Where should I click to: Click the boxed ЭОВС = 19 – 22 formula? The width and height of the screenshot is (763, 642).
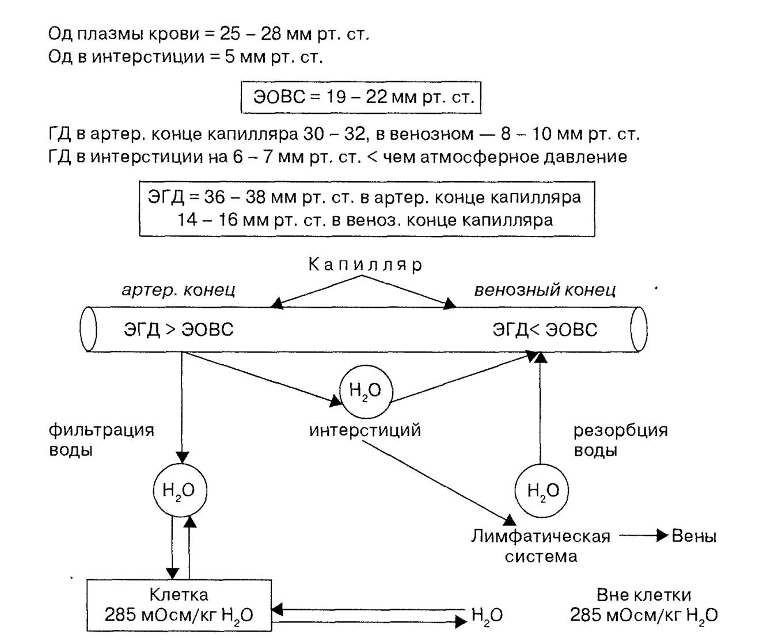360,97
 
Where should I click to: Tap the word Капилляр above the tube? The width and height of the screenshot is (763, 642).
365,264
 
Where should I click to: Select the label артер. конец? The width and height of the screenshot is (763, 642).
179,290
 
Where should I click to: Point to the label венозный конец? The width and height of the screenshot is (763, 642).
545,290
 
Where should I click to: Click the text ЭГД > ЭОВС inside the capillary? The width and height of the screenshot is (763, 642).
179,329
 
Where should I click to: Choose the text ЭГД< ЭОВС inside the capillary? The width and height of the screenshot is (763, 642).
545,329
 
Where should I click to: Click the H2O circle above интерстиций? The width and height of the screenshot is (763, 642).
366,391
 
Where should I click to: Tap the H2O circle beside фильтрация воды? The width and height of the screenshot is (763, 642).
180,491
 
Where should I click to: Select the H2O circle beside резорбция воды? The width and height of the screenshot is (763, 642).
541,491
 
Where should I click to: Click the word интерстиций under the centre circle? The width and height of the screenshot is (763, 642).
365,430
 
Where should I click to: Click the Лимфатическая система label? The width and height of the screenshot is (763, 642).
541,547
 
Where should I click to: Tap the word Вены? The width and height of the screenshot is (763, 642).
694,536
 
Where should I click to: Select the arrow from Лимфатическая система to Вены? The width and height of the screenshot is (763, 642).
644,536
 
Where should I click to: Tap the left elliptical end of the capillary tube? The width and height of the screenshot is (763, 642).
89,329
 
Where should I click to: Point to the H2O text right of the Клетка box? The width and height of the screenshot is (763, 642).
487,616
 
